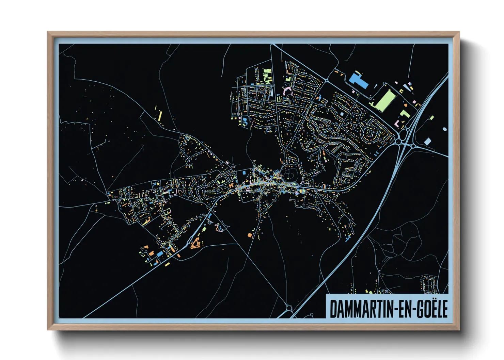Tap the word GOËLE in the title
point(432,309)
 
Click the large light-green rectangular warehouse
point(384,98)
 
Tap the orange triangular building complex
point(195,244)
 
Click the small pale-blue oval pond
point(445,129)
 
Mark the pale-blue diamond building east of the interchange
point(427,141)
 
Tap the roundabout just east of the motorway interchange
point(413,146)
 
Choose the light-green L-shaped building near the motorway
point(405,113)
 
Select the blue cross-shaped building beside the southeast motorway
point(348,239)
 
